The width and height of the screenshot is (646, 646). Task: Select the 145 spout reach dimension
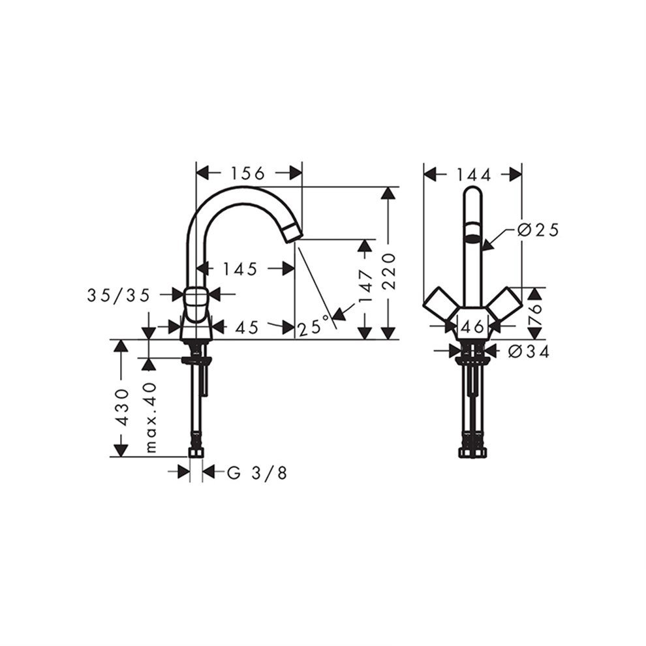[239, 269]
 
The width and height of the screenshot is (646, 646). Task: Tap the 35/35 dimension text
[119, 295]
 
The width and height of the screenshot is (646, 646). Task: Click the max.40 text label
[152, 418]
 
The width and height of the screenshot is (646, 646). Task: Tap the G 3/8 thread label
[256, 473]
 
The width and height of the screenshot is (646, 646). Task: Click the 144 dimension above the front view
[473, 174]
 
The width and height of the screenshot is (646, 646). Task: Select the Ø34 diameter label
[529, 352]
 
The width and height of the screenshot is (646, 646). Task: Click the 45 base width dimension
[246, 326]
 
